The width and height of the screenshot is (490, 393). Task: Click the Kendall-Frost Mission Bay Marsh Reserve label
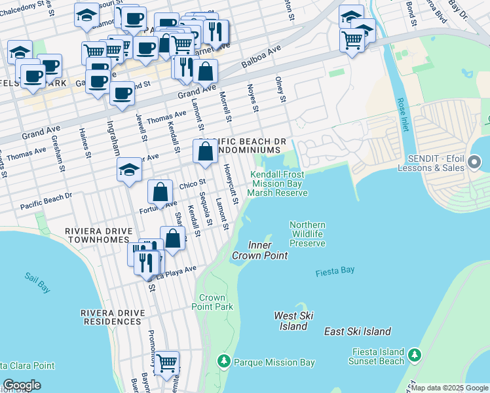pyautogui.click(x=278, y=183)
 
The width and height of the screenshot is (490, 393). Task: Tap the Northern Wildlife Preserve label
pyautogui.click(x=307, y=234)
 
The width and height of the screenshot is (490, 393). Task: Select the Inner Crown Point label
pyautogui.click(x=259, y=250)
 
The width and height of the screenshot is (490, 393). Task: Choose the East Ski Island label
pyautogui.click(x=357, y=331)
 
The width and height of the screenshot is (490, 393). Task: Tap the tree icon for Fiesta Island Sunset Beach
pyautogui.click(x=414, y=355)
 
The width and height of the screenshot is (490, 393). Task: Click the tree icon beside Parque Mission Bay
pyautogui.click(x=224, y=362)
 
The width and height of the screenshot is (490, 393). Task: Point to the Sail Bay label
pyautogui.click(x=37, y=282)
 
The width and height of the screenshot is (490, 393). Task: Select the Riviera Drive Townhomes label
pyautogui.click(x=98, y=236)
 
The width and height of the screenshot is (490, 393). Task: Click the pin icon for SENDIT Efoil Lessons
pyautogui.click(x=475, y=160)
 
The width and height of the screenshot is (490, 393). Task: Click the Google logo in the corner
pyautogui.click(x=22, y=385)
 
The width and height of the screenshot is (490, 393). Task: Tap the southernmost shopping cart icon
pyautogui.click(x=167, y=361)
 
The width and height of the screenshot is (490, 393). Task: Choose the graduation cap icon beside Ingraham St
pyautogui.click(x=129, y=170)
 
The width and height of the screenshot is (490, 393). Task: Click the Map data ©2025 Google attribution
pyautogui.click(x=449, y=388)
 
